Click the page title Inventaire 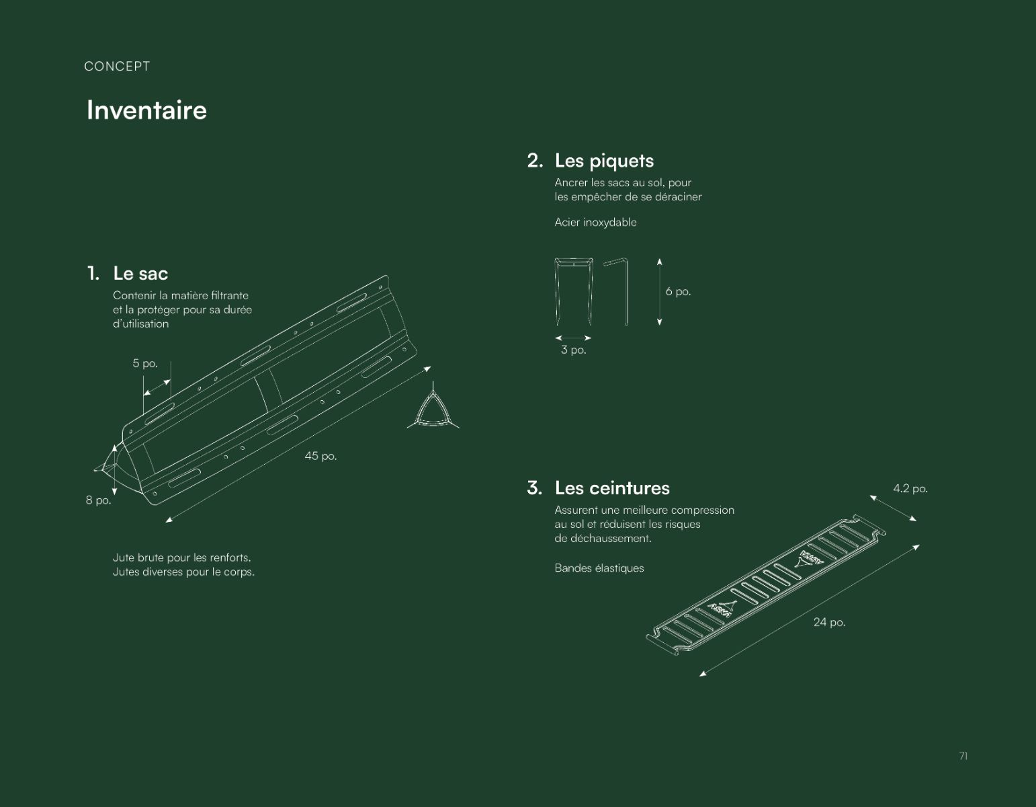click(146, 110)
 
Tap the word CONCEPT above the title click(117, 67)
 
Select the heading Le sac click(140, 274)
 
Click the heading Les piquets click(604, 161)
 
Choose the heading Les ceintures click(612, 488)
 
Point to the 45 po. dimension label click(321, 456)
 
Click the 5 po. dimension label click(145, 364)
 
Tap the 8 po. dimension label click(98, 500)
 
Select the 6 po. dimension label click(678, 292)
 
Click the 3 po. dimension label click(574, 350)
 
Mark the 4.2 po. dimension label click(910, 489)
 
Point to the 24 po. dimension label click(829, 622)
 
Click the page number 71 click(963, 756)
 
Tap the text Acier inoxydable click(595, 223)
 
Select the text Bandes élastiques click(599, 568)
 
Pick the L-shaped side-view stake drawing click(626, 292)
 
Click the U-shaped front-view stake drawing click(556, 292)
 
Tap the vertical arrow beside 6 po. click(659, 292)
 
